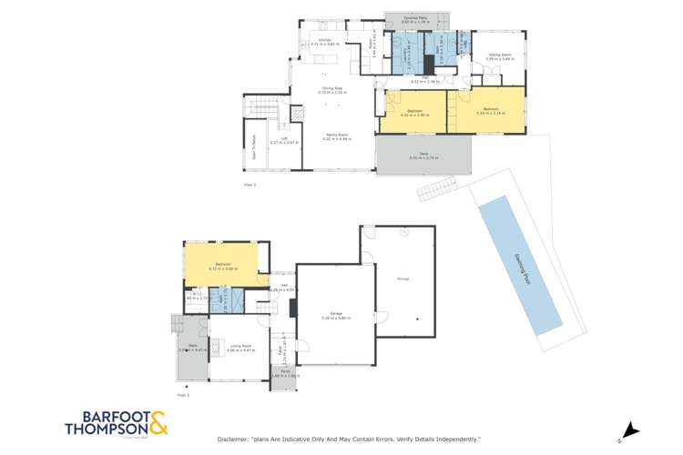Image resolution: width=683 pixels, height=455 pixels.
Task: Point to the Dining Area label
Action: pos(331,89)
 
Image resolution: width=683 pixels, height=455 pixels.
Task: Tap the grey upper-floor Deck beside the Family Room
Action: pos(423,156)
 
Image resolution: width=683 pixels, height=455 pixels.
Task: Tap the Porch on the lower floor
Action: pos(283,373)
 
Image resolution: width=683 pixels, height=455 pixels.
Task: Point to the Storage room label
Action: pos(402,278)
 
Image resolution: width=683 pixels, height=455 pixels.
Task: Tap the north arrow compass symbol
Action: pos(627,430)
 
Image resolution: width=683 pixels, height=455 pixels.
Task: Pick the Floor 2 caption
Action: pos(250,186)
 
